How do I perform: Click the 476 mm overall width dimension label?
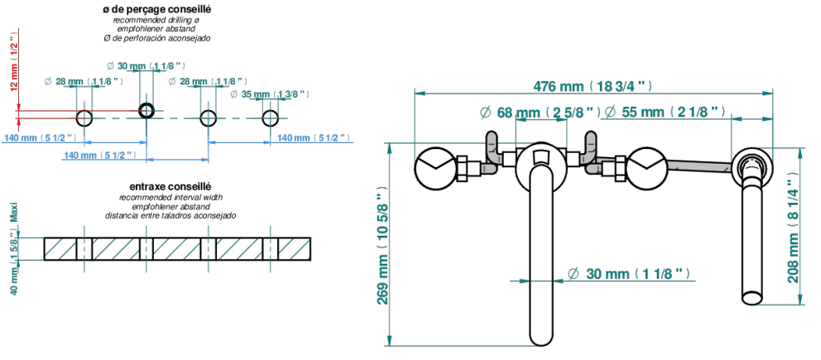tap(593, 86)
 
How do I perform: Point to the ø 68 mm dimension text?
tap(540, 112)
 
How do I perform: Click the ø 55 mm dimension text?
tap(665, 112)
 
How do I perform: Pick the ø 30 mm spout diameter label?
tap(627, 273)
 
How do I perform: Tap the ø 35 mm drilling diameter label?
tap(270, 94)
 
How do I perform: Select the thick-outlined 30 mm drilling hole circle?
tap(146, 110)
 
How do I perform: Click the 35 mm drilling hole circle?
tap(271, 118)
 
